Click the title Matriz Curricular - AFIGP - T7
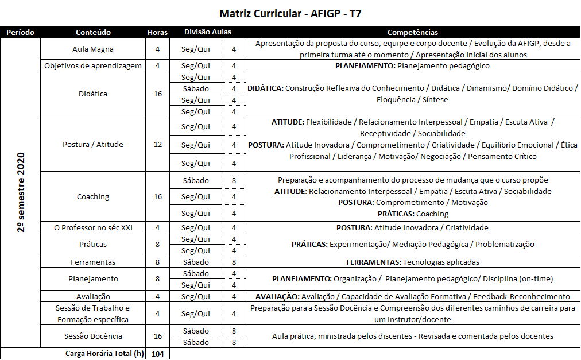[290, 13]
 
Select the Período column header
[20, 33]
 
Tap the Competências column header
[412, 33]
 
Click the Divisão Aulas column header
[208, 32]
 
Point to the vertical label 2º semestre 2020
[21, 192]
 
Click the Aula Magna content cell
[93, 49]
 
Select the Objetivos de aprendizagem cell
[93, 65]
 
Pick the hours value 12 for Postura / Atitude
[158, 144]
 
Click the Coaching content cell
[93, 196]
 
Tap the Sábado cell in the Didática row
[196, 88]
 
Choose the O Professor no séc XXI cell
[93, 227]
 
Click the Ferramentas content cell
[93, 262]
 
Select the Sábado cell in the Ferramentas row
[196, 262]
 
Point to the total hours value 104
[158, 354]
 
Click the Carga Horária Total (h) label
[104, 354]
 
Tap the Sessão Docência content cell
[93, 336]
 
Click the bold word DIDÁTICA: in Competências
[265, 88]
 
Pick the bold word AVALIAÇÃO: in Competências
[277, 296]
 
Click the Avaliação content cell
[93, 296]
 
